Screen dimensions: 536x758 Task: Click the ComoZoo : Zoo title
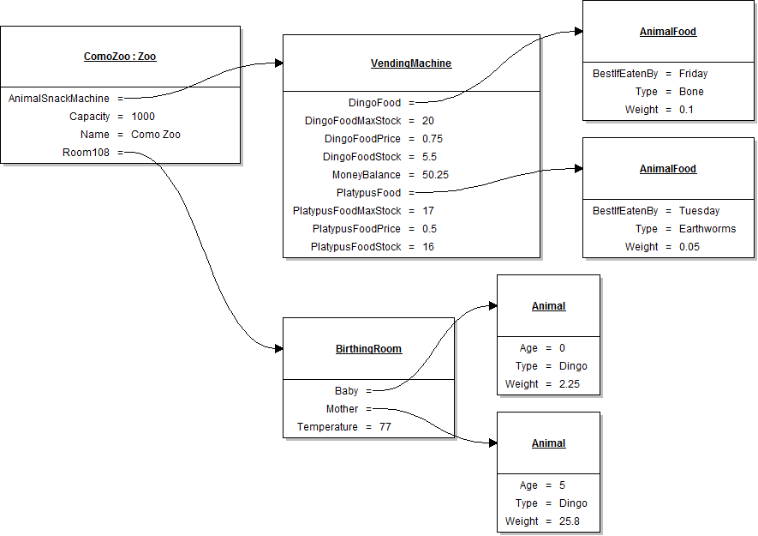[120, 57]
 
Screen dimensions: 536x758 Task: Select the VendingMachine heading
[411, 63]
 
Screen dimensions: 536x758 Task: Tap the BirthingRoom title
[368, 349]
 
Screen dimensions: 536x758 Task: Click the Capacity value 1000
[143, 117]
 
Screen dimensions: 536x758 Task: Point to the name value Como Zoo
[156, 135]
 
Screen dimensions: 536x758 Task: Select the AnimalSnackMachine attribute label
[59, 99]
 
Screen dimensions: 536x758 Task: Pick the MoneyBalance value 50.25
[435, 175]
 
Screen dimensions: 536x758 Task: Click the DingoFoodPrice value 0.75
[433, 139]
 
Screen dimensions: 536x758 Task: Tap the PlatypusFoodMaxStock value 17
[428, 211]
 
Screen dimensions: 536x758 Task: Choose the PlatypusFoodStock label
[356, 247]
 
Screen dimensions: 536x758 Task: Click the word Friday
[693, 74]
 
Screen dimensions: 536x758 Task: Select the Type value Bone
[691, 92]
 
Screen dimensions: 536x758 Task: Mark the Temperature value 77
[385, 427]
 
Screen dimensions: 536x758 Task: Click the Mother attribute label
[343, 409]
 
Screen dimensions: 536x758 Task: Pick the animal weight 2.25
[570, 384]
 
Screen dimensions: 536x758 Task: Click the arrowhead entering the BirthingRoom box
[278, 349]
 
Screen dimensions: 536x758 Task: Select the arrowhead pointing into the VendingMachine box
[278, 63]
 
